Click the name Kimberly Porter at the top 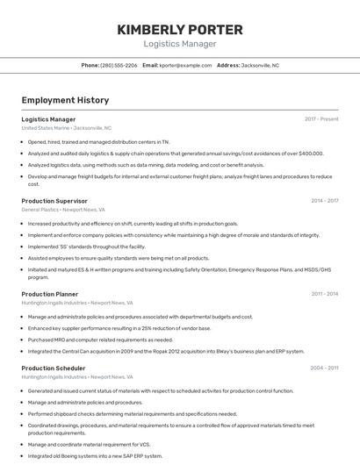tap(180, 29)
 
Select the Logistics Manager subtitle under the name tap(180, 44)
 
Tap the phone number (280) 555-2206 tap(119, 65)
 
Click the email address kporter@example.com tap(185, 65)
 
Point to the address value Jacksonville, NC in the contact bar tap(260, 65)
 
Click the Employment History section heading tap(65, 100)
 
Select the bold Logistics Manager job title tap(48, 119)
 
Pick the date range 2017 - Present tap(321, 119)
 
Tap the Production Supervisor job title tap(54, 201)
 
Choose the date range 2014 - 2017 tap(324, 201)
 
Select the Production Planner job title tap(50, 294)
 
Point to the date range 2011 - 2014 tap(324, 294)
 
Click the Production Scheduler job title tap(53, 368)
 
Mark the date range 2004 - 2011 tap(324, 368)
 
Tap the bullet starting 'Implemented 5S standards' tap(86, 247)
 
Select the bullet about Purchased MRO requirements tap(100, 340)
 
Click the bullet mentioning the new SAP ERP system tap(95, 456)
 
